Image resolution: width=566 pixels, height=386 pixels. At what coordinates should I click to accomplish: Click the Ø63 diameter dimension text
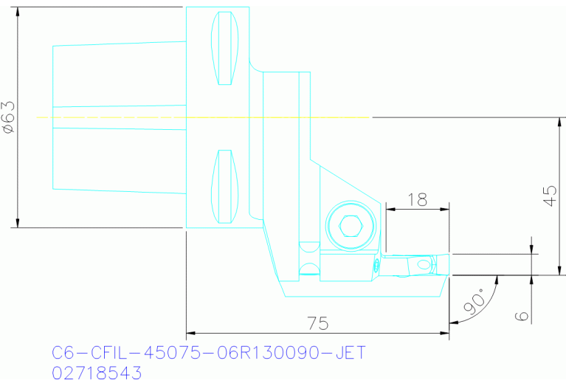(8, 117)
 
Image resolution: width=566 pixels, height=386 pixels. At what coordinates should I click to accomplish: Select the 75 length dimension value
(318, 323)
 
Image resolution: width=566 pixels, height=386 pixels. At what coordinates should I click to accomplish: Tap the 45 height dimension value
(550, 195)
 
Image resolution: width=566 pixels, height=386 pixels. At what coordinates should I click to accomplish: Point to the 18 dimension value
(418, 199)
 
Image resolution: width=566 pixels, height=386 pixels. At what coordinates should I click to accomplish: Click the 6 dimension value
(522, 315)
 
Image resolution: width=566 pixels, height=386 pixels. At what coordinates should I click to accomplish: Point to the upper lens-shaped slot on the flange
(226, 48)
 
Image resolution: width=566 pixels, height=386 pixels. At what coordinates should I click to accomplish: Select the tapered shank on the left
(118, 117)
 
